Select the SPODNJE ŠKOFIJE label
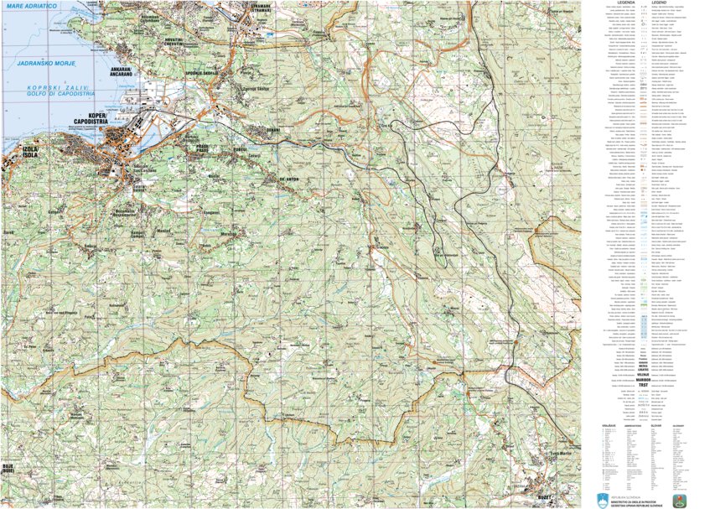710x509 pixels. coord(202,73)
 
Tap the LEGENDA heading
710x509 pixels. coord(626,3)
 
